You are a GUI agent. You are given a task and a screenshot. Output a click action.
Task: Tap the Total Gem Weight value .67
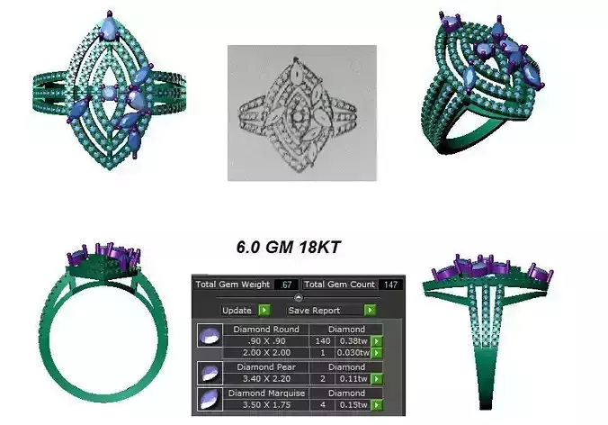pyautogui.click(x=286, y=285)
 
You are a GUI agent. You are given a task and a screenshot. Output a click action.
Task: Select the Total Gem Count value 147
pyautogui.click(x=390, y=285)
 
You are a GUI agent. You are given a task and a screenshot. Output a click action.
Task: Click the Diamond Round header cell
pyautogui.click(x=267, y=330)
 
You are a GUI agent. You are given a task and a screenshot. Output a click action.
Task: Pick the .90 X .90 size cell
pyautogui.click(x=267, y=341)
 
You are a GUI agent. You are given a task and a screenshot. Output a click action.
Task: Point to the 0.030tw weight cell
pyautogui.click(x=353, y=353)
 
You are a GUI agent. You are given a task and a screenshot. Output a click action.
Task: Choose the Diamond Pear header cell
pyautogui.click(x=267, y=367)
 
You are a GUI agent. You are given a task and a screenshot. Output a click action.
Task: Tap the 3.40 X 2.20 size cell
pyautogui.click(x=267, y=380)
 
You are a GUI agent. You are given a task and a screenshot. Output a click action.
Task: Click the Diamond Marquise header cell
pyautogui.click(x=267, y=394)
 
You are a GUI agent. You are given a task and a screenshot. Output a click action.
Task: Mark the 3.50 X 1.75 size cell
pyautogui.click(x=267, y=406)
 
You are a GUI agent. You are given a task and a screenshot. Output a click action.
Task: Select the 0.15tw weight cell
pyautogui.click(x=354, y=406)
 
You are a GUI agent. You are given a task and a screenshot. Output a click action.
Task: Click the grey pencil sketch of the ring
pyautogui.click(x=301, y=113)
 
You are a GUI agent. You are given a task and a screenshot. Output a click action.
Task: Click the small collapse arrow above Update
pyautogui.click(x=298, y=297)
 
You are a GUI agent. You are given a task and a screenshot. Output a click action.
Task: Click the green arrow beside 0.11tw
pyautogui.click(x=377, y=380)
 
